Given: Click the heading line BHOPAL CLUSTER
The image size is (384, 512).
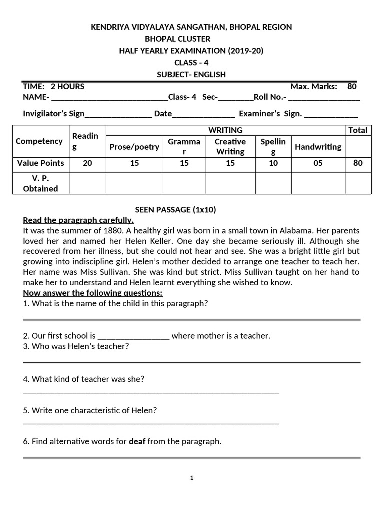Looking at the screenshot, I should tap(177, 39).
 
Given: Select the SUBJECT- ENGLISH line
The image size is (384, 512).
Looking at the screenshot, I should tap(191, 75).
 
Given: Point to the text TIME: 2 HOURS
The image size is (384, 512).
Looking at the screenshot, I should tap(54, 86).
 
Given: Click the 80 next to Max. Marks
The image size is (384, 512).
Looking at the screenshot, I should tap(352, 86).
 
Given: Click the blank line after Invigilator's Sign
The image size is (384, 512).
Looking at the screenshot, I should tap(118, 114).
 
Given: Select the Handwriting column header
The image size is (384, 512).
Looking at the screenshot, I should tap(318, 147).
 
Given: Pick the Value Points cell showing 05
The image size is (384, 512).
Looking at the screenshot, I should tap(318, 163).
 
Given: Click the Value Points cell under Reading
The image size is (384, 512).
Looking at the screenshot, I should tap(87, 163).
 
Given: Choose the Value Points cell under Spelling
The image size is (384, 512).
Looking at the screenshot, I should tap(273, 163).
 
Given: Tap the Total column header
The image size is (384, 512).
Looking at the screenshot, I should tap(358, 130).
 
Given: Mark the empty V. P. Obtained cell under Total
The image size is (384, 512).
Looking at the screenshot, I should tap(358, 183).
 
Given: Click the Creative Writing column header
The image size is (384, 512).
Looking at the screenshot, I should tap(230, 147).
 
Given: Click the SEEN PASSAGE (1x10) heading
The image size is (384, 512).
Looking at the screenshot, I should tap(176, 210).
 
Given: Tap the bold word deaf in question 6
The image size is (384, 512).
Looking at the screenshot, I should tap(137, 442).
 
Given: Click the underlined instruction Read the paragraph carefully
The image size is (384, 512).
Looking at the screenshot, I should tap(78, 220).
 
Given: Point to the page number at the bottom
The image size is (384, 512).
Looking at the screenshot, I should tap(191, 478).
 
